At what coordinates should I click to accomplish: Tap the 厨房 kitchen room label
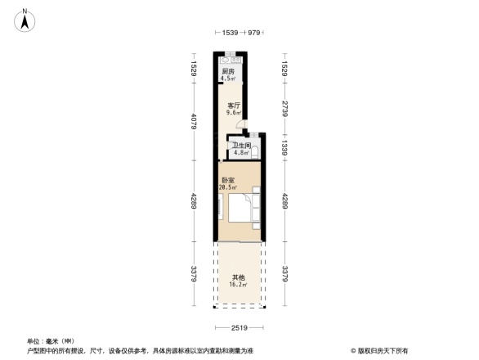click(228, 72)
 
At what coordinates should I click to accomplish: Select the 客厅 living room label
click(234, 105)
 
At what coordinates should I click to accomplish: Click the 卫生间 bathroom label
click(239, 146)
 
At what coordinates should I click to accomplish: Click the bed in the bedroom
click(243, 208)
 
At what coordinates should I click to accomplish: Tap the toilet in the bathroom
click(256, 151)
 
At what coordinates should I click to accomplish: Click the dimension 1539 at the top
click(231, 33)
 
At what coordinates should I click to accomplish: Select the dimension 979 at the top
click(253, 33)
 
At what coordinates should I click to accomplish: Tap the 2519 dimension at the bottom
click(239, 328)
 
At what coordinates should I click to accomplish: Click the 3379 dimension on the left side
click(194, 272)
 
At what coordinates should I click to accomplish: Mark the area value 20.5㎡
click(227, 187)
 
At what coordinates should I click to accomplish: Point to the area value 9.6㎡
click(234, 113)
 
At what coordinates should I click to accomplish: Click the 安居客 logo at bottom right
click(381, 350)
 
